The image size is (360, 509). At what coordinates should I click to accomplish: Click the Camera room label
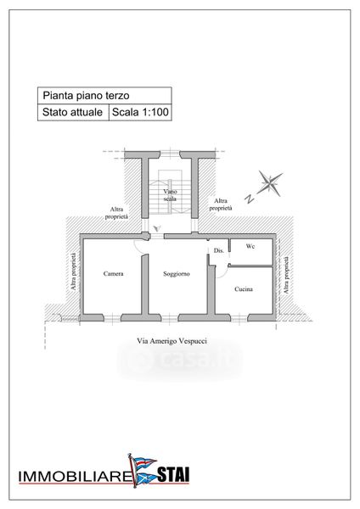tap(114, 274)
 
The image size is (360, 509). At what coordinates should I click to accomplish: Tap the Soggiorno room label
tap(177, 274)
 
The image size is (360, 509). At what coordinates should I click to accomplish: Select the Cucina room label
tap(244, 289)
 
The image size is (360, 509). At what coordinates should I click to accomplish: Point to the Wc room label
tap(250, 246)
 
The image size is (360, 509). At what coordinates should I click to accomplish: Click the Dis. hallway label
tap(219, 250)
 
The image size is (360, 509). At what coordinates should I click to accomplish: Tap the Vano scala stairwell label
tap(170, 195)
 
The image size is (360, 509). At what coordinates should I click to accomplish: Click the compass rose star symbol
tap(269, 183)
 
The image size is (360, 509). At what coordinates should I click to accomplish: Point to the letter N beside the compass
tap(250, 199)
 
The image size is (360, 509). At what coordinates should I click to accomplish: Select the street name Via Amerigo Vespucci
tap(172, 341)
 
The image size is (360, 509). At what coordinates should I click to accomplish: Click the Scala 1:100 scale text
tap(140, 112)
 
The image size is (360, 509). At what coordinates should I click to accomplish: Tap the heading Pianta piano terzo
tap(86, 95)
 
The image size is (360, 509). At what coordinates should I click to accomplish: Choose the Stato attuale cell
tap(72, 112)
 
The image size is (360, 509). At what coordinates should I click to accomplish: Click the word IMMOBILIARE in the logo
tap(74, 476)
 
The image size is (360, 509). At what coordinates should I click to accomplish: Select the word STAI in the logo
tap(173, 474)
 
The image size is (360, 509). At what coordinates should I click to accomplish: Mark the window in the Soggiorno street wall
tap(170, 317)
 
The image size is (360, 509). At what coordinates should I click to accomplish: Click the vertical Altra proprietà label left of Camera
tap(74, 271)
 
